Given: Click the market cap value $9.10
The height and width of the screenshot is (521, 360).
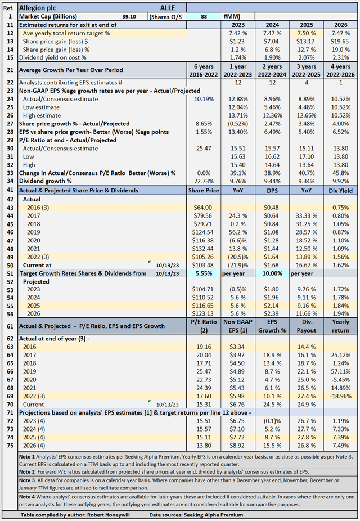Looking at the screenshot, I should [x=129, y=17].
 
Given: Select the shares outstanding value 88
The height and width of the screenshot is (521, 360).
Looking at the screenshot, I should [x=203, y=17].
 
